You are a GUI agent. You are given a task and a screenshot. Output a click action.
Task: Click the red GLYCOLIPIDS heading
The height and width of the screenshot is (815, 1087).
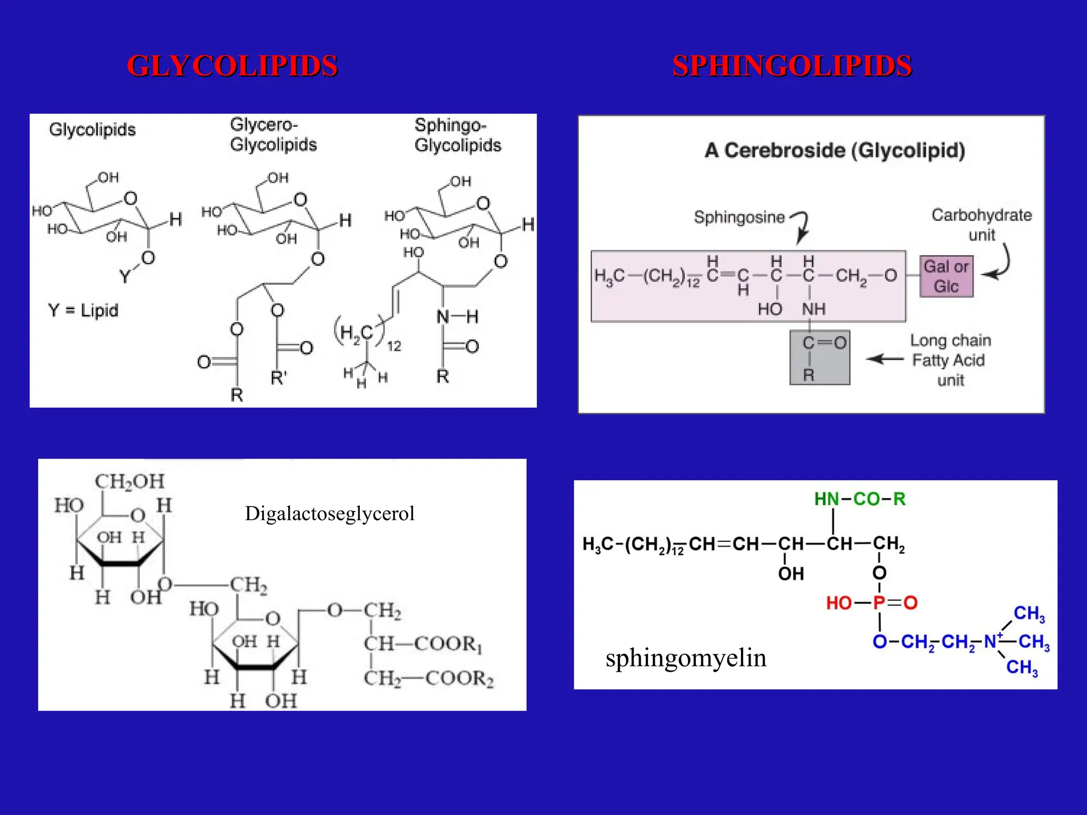(232, 66)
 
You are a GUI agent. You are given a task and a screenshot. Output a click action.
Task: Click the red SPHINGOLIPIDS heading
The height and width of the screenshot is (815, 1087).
(792, 66)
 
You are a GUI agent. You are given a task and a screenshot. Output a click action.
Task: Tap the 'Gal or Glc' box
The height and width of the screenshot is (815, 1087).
(946, 276)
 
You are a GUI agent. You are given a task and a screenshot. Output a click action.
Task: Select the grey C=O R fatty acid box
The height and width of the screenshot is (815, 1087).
(819, 358)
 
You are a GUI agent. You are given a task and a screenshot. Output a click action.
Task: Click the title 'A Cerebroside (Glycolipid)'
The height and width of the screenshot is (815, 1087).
(834, 150)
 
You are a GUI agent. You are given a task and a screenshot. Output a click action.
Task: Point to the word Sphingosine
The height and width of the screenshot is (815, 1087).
(739, 217)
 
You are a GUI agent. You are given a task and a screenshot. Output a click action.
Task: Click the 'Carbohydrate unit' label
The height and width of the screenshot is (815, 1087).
(981, 224)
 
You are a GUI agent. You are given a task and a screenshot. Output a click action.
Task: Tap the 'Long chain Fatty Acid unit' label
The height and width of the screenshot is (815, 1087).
(950, 360)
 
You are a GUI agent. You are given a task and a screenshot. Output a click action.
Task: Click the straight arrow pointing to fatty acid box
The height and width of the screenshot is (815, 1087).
(885, 359)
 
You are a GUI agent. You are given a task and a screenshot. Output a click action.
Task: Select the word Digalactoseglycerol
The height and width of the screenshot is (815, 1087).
(330, 514)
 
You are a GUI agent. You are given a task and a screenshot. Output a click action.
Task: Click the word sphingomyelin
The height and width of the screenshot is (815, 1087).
(686, 658)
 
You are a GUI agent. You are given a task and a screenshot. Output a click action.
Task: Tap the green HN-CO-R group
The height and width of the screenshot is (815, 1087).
(860, 499)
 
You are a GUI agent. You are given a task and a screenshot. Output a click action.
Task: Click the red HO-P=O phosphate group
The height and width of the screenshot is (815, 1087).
(872, 603)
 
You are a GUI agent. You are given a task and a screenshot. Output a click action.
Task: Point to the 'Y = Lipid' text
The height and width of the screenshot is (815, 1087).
(83, 310)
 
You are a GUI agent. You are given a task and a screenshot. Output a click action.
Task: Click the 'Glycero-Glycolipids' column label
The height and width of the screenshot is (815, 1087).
(273, 135)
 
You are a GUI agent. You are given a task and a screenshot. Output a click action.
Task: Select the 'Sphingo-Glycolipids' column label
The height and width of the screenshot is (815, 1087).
(458, 135)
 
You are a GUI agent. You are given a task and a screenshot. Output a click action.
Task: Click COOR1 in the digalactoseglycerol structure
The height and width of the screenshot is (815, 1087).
(448, 644)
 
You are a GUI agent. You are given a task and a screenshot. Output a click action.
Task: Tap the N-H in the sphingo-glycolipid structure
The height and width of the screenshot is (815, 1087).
(457, 317)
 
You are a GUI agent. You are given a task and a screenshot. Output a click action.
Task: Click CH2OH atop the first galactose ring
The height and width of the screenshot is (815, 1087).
(130, 481)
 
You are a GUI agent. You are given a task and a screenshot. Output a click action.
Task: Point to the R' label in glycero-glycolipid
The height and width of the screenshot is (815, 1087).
(279, 378)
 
